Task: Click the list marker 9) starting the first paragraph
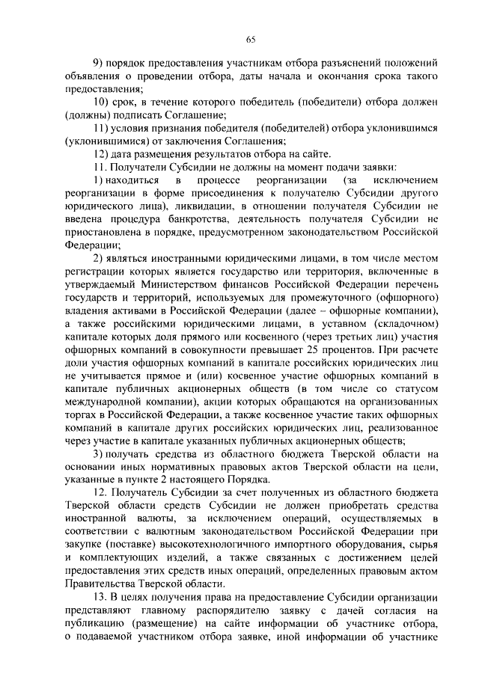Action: tap(97, 64)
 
